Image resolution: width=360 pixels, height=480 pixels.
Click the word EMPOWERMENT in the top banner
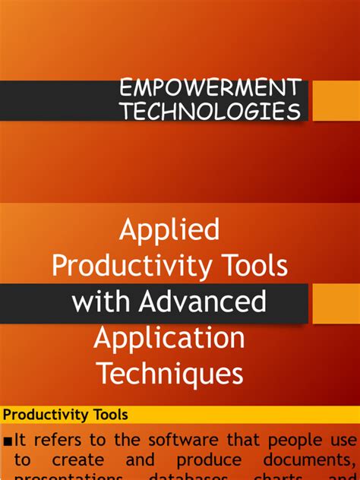point(210,87)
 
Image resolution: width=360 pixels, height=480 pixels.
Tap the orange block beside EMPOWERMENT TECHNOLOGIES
point(336,99)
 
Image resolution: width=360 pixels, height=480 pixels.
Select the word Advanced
point(202,302)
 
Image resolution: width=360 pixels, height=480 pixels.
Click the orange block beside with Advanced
point(336,303)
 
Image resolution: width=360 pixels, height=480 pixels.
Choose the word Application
point(169,338)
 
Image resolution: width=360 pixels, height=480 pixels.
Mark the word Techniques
point(169,374)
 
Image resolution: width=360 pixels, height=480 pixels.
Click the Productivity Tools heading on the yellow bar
point(65,415)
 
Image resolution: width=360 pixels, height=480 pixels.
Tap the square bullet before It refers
point(8,441)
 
